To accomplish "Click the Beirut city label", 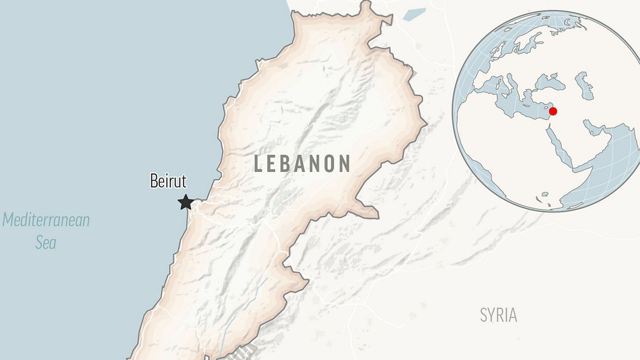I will point(168,181).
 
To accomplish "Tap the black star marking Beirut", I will point(186,202).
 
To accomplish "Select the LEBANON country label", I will point(302,164).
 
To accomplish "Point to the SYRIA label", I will point(498,315).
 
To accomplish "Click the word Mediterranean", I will point(46,220).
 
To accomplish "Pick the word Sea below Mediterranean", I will point(45,243).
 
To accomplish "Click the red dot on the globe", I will point(552,111).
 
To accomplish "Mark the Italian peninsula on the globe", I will point(511,84).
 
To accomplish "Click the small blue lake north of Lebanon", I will point(414,13).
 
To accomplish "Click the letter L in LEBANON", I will point(259,164).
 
